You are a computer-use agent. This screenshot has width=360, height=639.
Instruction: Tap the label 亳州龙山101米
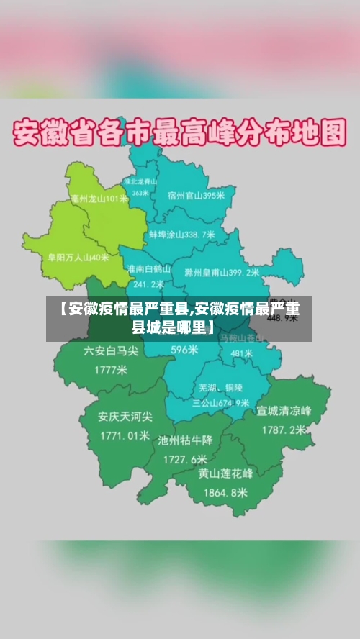tap(99, 199)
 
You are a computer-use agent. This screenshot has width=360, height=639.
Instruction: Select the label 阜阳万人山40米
tap(78, 256)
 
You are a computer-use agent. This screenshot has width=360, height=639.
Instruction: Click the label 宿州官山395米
tap(196, 195)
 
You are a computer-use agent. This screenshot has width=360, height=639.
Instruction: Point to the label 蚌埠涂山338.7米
tap(182, 235)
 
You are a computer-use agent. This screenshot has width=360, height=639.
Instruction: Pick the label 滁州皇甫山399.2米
tap(222, 273)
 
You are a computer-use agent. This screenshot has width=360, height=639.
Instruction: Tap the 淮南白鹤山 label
tap(148, 268)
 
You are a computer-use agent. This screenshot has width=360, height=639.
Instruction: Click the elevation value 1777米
tap(111, 370)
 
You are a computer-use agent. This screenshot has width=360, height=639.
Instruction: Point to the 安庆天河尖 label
tap(125, 417)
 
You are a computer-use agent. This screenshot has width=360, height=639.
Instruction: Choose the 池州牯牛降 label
tap(185, 440)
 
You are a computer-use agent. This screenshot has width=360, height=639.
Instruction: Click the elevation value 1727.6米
tap(185, 458)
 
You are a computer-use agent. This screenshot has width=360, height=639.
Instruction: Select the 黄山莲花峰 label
tap(226, 474)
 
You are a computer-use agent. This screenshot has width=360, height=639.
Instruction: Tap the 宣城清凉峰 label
tap(284, 412)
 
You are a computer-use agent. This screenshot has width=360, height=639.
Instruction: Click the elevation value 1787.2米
tap(283, 430)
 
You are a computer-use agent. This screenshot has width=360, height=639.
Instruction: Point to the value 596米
tap(184, 350)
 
